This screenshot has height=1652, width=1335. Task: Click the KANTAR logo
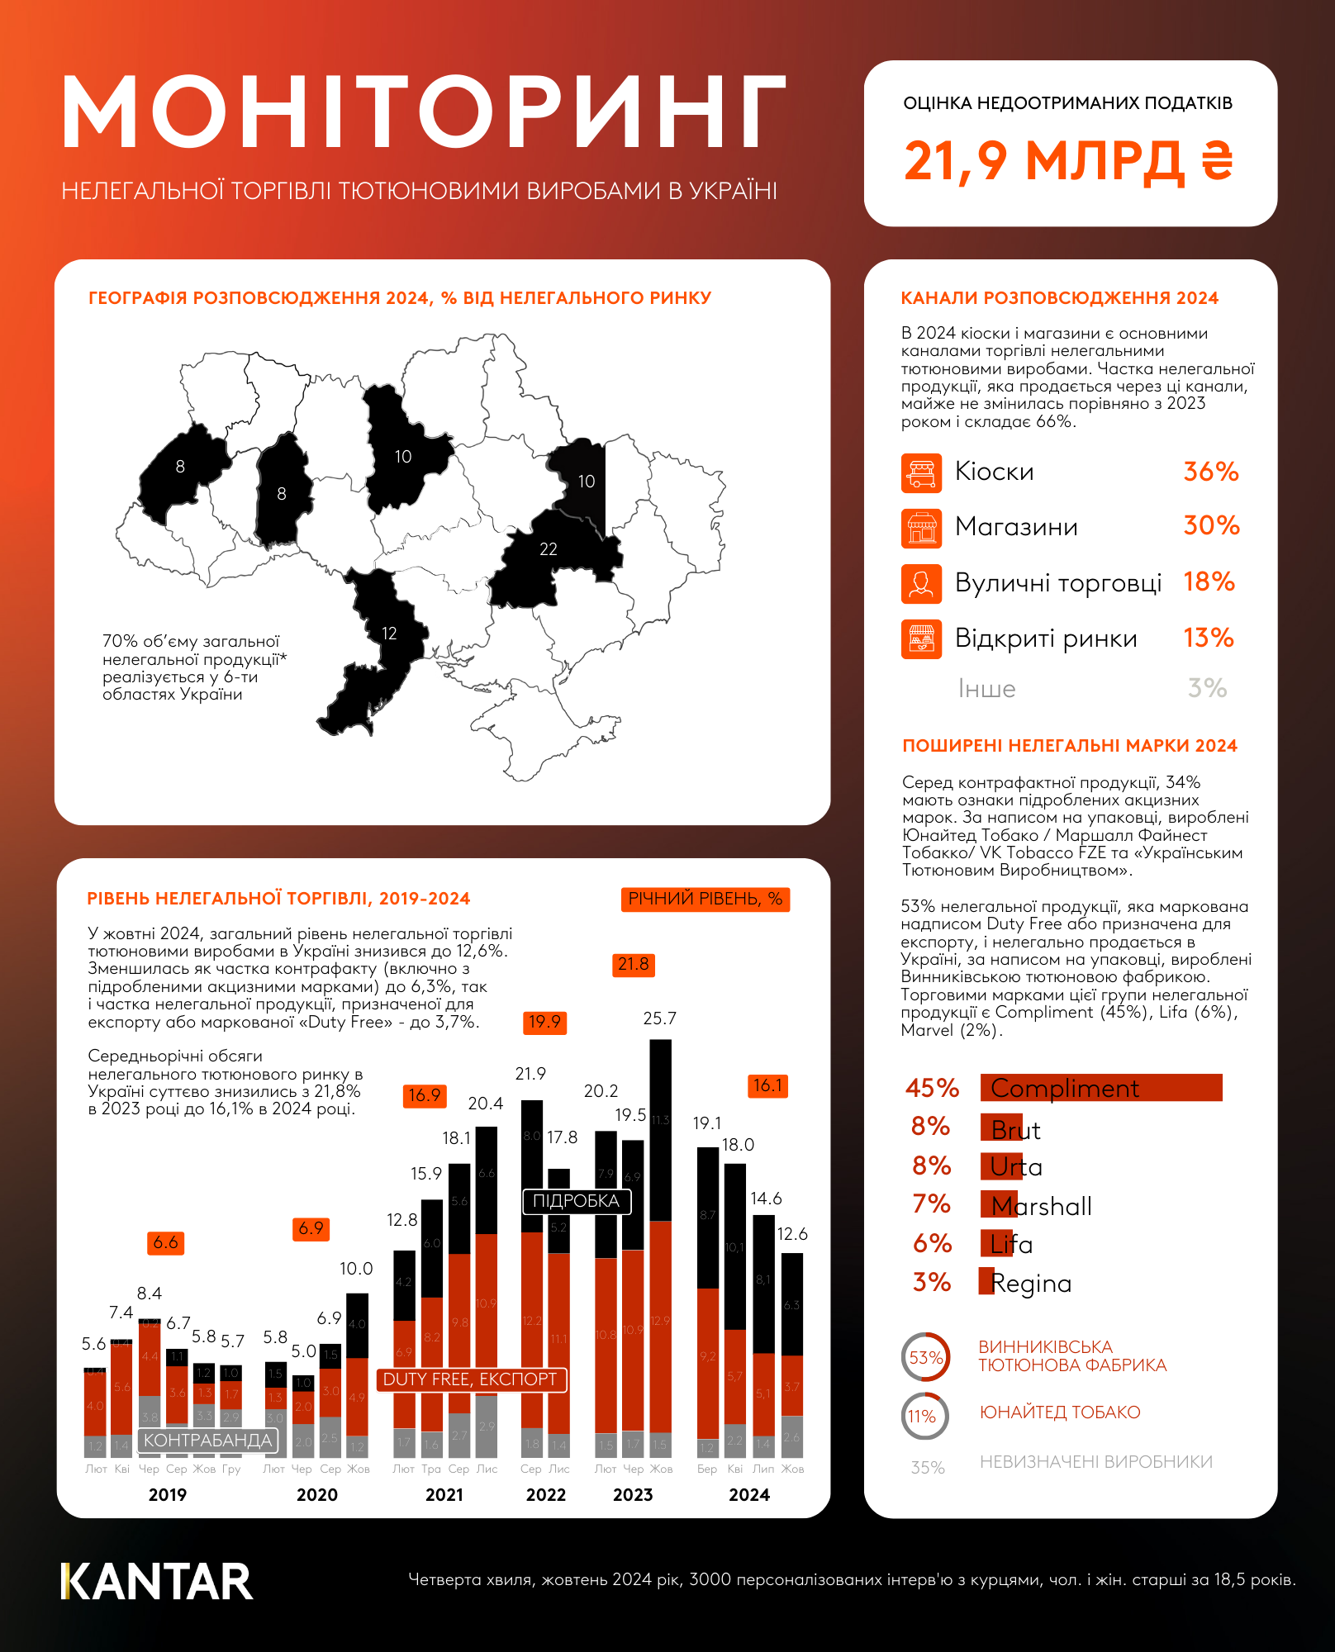[157, 1581]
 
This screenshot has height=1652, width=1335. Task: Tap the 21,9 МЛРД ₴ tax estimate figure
[1068, 160]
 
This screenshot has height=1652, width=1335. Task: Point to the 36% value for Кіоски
[1210, 472]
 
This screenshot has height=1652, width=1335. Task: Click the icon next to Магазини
[921, 528]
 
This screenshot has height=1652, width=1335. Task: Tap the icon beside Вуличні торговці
[921, 584]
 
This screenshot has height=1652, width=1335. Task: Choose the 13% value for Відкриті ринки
[1208, 638]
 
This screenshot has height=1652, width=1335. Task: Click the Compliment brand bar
[1100, 1088]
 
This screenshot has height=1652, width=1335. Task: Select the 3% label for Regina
[931, 1282]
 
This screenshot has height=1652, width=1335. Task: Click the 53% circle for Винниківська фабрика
[925, 1357]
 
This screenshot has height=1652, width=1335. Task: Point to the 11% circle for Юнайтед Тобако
[924, 1416]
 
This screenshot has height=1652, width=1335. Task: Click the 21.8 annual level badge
[634, 965]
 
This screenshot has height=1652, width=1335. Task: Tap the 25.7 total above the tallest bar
[659, 1018]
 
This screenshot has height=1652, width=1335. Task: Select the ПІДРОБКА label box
[576, 1201]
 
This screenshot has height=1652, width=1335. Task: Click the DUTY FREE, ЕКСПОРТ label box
[471, 1379]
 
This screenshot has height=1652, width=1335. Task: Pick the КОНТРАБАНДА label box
[207, 1441]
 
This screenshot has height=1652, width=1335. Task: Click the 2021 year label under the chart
[444, 1495]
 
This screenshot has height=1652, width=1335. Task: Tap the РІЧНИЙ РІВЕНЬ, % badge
[705, 899]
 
